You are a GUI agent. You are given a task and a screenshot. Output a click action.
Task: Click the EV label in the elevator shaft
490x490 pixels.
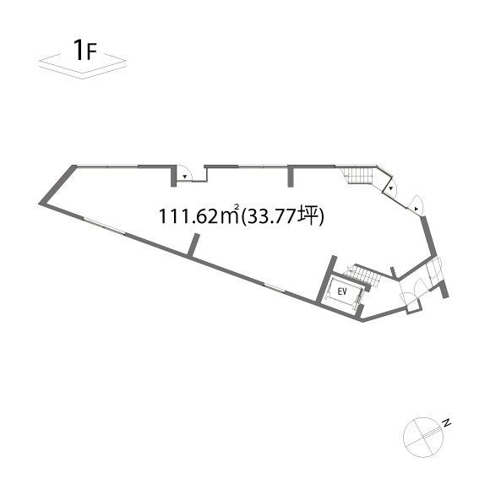[x=342, y=291]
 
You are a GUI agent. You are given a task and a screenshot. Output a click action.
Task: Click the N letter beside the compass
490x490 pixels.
[x=448, y=422]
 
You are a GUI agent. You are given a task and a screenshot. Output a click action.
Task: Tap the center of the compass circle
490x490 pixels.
[x=423, y=437]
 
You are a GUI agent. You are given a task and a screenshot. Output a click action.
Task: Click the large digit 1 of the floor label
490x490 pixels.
[x=79, y=50]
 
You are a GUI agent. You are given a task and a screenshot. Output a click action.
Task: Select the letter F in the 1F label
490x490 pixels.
[x=92, y=52]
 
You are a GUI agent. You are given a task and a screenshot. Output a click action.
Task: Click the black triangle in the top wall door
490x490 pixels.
[x=185, y=177]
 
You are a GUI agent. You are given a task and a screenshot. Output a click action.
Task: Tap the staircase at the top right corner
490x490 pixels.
[x=358, y=176]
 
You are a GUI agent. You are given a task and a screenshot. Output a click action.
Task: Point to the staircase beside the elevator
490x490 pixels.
[x=362, y=275]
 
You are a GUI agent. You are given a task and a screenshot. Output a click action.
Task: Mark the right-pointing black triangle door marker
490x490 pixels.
[x=416, y=209]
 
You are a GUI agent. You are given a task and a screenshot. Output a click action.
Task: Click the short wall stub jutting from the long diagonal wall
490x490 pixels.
[x=193, y=246]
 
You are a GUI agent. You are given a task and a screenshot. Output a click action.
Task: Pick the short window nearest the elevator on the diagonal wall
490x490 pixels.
[x=275, y=288]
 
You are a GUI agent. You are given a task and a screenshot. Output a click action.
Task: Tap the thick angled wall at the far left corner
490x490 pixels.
[x=57, y=185]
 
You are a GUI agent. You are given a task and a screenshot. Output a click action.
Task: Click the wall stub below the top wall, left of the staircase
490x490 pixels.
[x=291, y=177]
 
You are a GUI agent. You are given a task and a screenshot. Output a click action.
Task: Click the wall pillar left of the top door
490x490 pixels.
[x=173, y=177]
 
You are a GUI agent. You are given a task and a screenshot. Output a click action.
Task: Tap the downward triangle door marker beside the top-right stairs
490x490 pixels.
[x=390, y=188]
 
